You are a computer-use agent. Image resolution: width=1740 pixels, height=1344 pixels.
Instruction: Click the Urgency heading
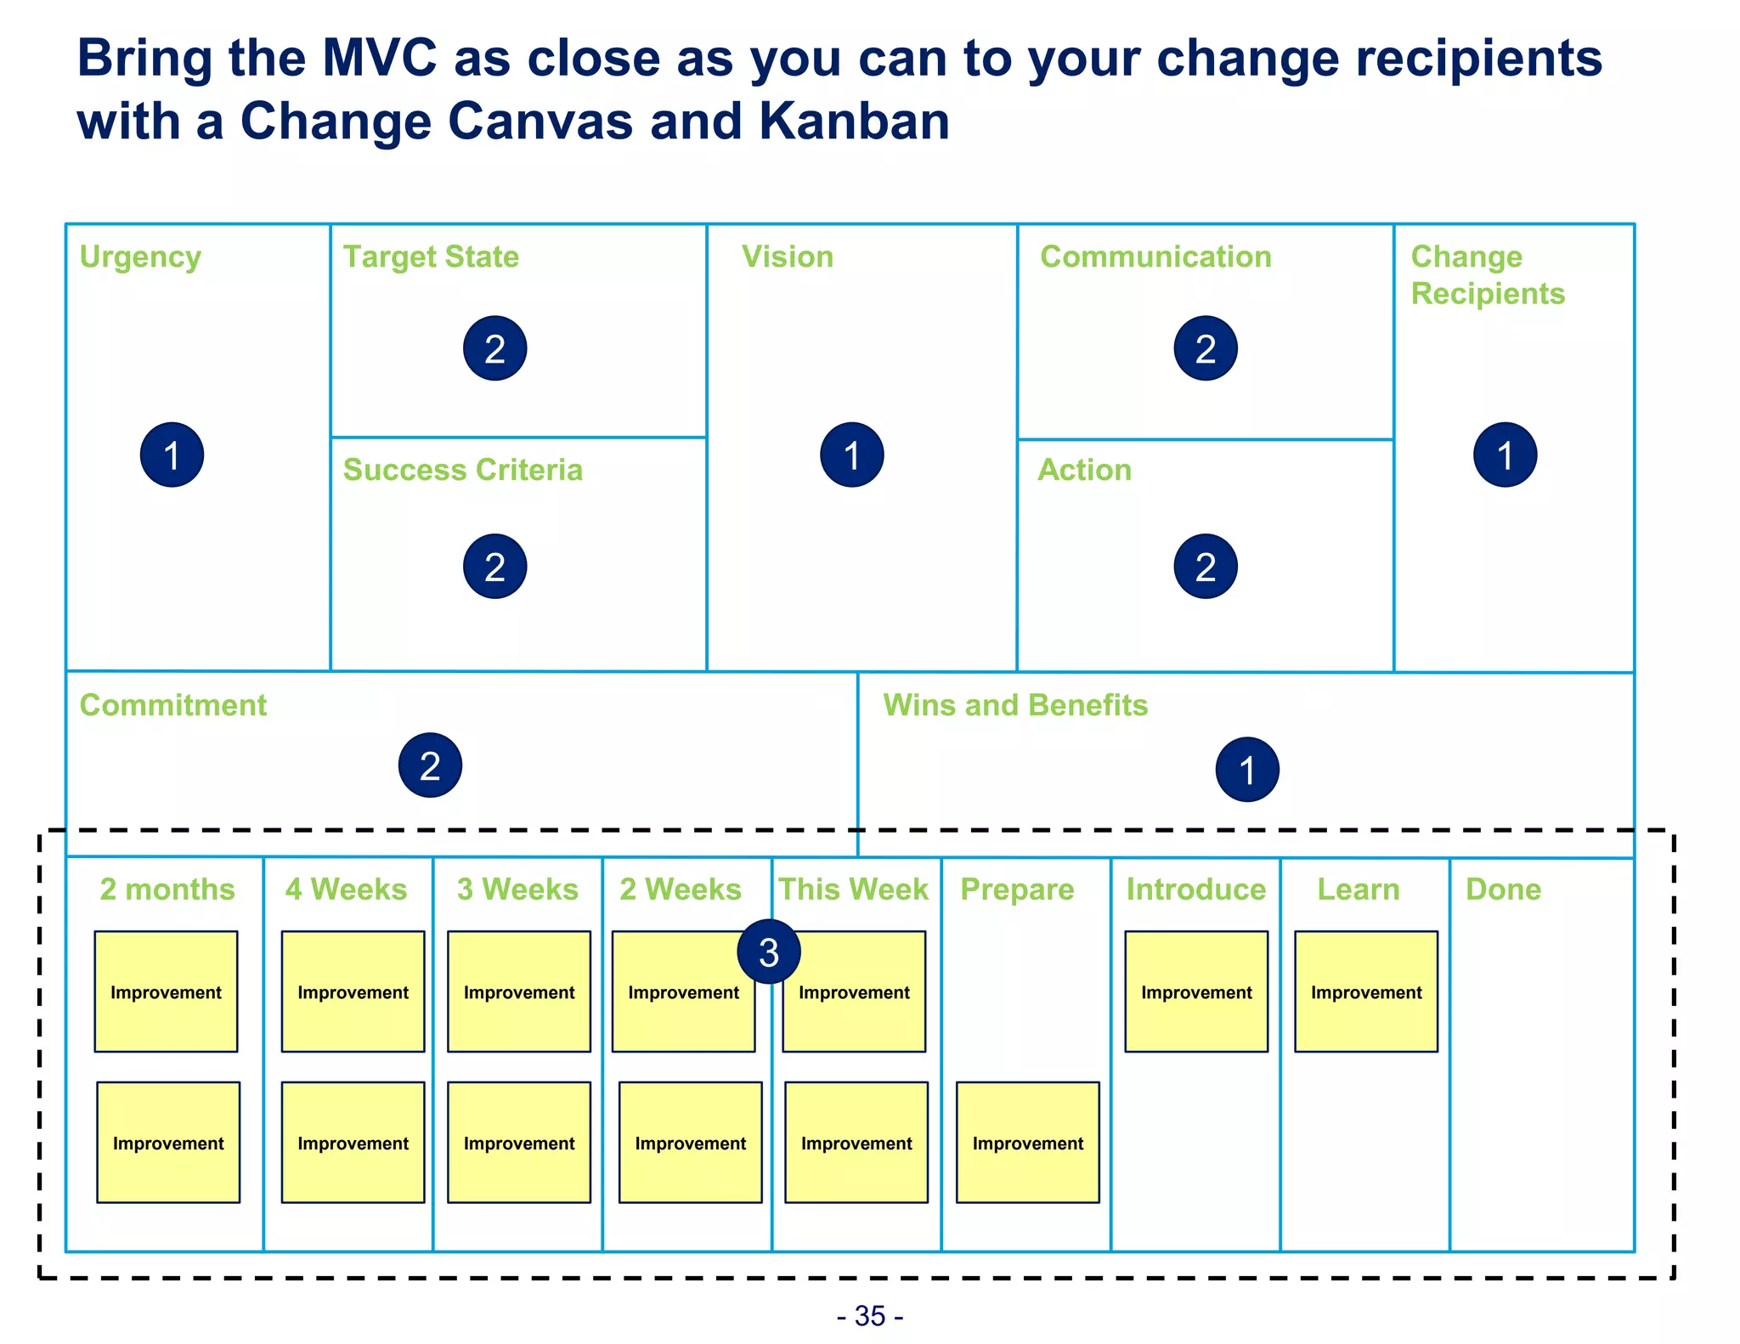(140, 257)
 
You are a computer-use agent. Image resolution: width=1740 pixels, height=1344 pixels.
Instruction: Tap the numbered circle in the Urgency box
(172, 455)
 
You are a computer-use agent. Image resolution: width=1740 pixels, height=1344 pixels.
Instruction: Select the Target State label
(431, 257)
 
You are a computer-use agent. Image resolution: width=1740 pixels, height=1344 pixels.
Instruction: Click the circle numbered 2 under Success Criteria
(494, 567)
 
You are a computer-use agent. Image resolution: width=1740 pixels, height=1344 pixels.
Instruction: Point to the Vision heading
(788, 257)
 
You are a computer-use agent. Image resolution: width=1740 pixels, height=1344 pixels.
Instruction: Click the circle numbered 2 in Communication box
(1205, 348)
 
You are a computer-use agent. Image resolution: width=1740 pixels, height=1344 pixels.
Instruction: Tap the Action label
(1084, 470)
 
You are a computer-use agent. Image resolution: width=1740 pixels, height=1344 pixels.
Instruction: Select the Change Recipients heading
(1487, 275)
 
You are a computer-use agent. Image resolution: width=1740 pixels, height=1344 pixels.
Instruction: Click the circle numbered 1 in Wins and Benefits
(1246, 770)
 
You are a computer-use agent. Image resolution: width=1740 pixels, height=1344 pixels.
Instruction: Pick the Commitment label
(172, 705)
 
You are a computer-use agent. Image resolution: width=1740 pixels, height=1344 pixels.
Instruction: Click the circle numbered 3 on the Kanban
(769, 952)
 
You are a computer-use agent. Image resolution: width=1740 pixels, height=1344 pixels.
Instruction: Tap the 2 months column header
(167, 889)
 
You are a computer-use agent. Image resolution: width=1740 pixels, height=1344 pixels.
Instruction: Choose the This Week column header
(853, 889)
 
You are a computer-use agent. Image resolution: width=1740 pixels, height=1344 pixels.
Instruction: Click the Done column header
(1503, 889)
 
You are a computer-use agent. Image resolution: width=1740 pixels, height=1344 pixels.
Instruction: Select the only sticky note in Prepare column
(1027, 1142)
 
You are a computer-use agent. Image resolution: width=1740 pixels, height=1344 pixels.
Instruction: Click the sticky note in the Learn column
(1365, 991)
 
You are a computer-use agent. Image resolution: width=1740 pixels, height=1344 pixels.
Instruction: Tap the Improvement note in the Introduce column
(1195, 991)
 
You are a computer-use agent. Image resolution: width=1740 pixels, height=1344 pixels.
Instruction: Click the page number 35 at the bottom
(870, 1316)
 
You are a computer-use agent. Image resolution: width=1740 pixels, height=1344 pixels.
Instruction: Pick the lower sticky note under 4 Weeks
(353, 1142)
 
